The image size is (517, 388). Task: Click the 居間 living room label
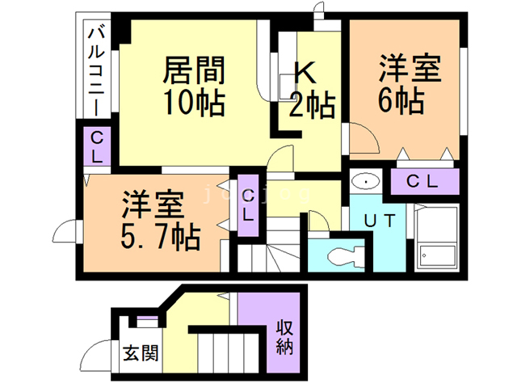193,70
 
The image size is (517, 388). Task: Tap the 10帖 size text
193,103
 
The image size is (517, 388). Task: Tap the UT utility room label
379,221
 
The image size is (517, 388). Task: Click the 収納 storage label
284,339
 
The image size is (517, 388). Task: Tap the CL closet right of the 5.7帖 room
249,205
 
